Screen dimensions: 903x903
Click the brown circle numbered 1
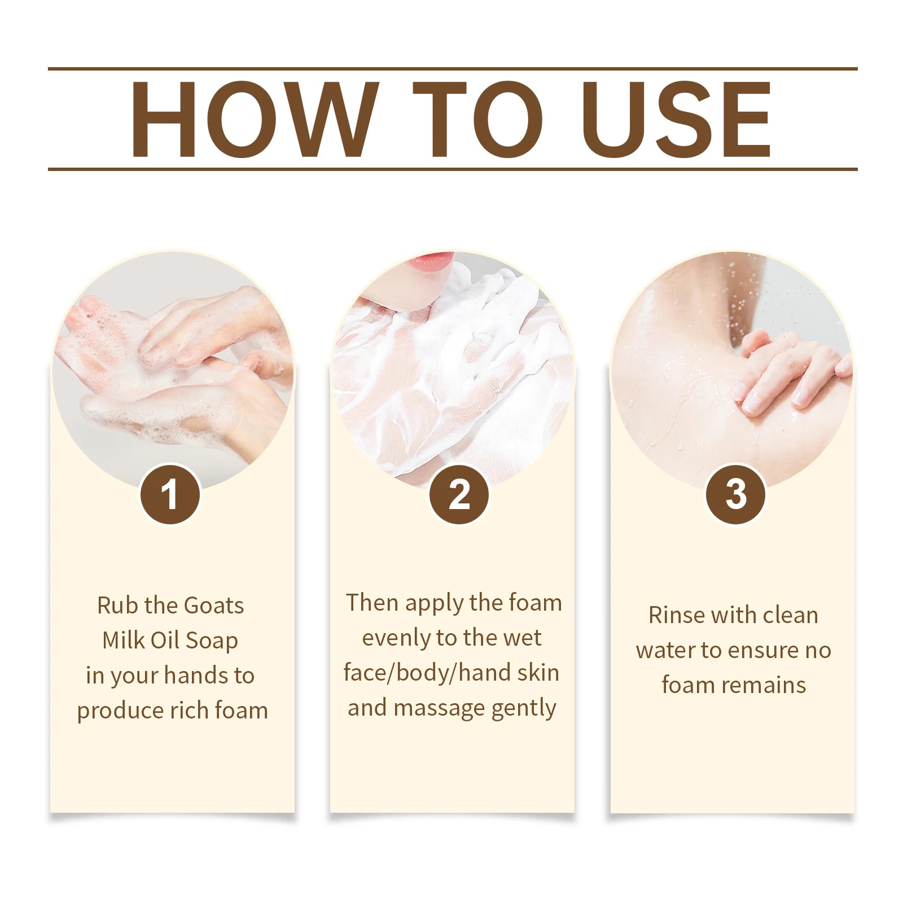(170, 494)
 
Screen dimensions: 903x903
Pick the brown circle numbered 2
(459, 494)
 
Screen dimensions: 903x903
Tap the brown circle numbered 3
(735, 494)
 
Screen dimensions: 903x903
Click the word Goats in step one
(214, 606)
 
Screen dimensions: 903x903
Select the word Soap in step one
(212, 641)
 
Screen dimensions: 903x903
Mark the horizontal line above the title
(451, 69)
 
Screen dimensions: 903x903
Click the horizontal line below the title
(451, 169)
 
